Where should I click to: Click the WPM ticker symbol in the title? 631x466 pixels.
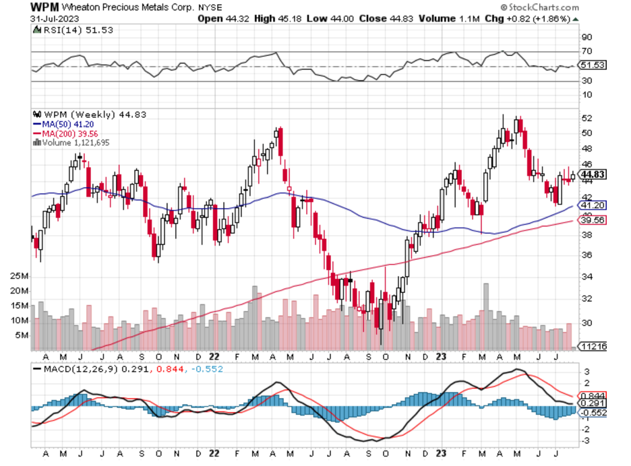click(45, 7)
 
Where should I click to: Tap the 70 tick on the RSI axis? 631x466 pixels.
click(587, 51)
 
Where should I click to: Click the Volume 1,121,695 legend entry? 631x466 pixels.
click(74, 143)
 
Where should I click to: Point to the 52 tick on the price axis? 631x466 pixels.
click(587, 118)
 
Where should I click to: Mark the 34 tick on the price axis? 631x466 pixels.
click(587, 277)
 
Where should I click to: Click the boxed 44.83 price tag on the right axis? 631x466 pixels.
click(591, 175)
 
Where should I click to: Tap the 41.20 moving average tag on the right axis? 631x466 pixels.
click(591, 205)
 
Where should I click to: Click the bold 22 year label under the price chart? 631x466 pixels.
click(214, 357)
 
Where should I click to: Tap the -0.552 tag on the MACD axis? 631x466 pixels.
click(593, 413)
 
